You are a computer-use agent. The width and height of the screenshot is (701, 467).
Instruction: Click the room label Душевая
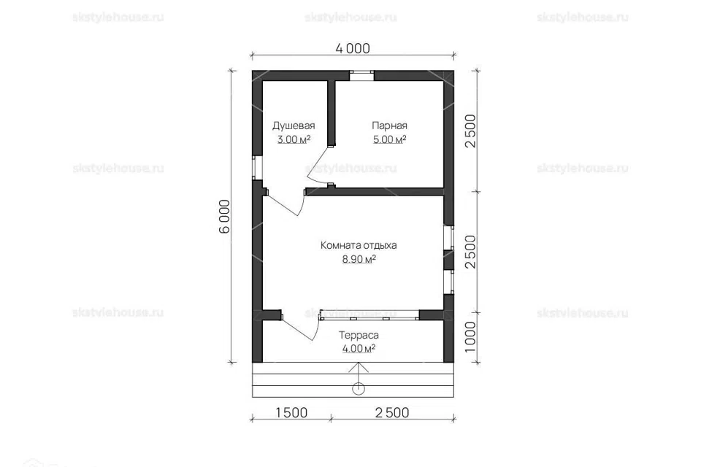click(x=294, y=126)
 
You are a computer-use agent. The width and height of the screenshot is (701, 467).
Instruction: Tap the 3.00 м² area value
click(x=294, y=139)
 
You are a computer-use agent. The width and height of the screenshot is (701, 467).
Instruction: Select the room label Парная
click(x=389, y=126)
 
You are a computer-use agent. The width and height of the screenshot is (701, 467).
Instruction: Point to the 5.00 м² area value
click(x=390, y=139)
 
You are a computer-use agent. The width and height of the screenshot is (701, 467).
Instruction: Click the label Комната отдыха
click(x=359, y=245)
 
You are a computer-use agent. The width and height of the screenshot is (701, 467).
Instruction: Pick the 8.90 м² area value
click(x=359, y=259)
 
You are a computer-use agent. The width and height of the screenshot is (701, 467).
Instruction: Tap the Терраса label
click(x=359, y=335)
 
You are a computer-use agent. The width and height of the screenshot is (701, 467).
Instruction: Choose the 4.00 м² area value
click(x=359, y=349)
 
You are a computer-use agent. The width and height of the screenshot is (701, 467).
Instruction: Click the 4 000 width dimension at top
click(x=353, y=48)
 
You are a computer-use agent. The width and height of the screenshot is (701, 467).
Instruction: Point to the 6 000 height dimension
click(x=224, y=216)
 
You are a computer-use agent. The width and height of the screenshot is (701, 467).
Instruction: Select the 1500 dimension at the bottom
click(x=291, y=412)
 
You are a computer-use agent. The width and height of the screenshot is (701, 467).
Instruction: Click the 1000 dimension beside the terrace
click(x=470, y=337)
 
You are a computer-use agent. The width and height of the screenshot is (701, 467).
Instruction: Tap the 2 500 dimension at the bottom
click(x=392, y=412)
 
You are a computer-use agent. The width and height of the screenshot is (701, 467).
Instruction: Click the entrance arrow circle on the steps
click(x=358, y=389)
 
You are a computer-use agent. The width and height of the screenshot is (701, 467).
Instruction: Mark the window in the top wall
click(x=361, y=76)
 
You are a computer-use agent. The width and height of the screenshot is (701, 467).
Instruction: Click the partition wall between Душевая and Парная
click(x=332, y=113)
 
